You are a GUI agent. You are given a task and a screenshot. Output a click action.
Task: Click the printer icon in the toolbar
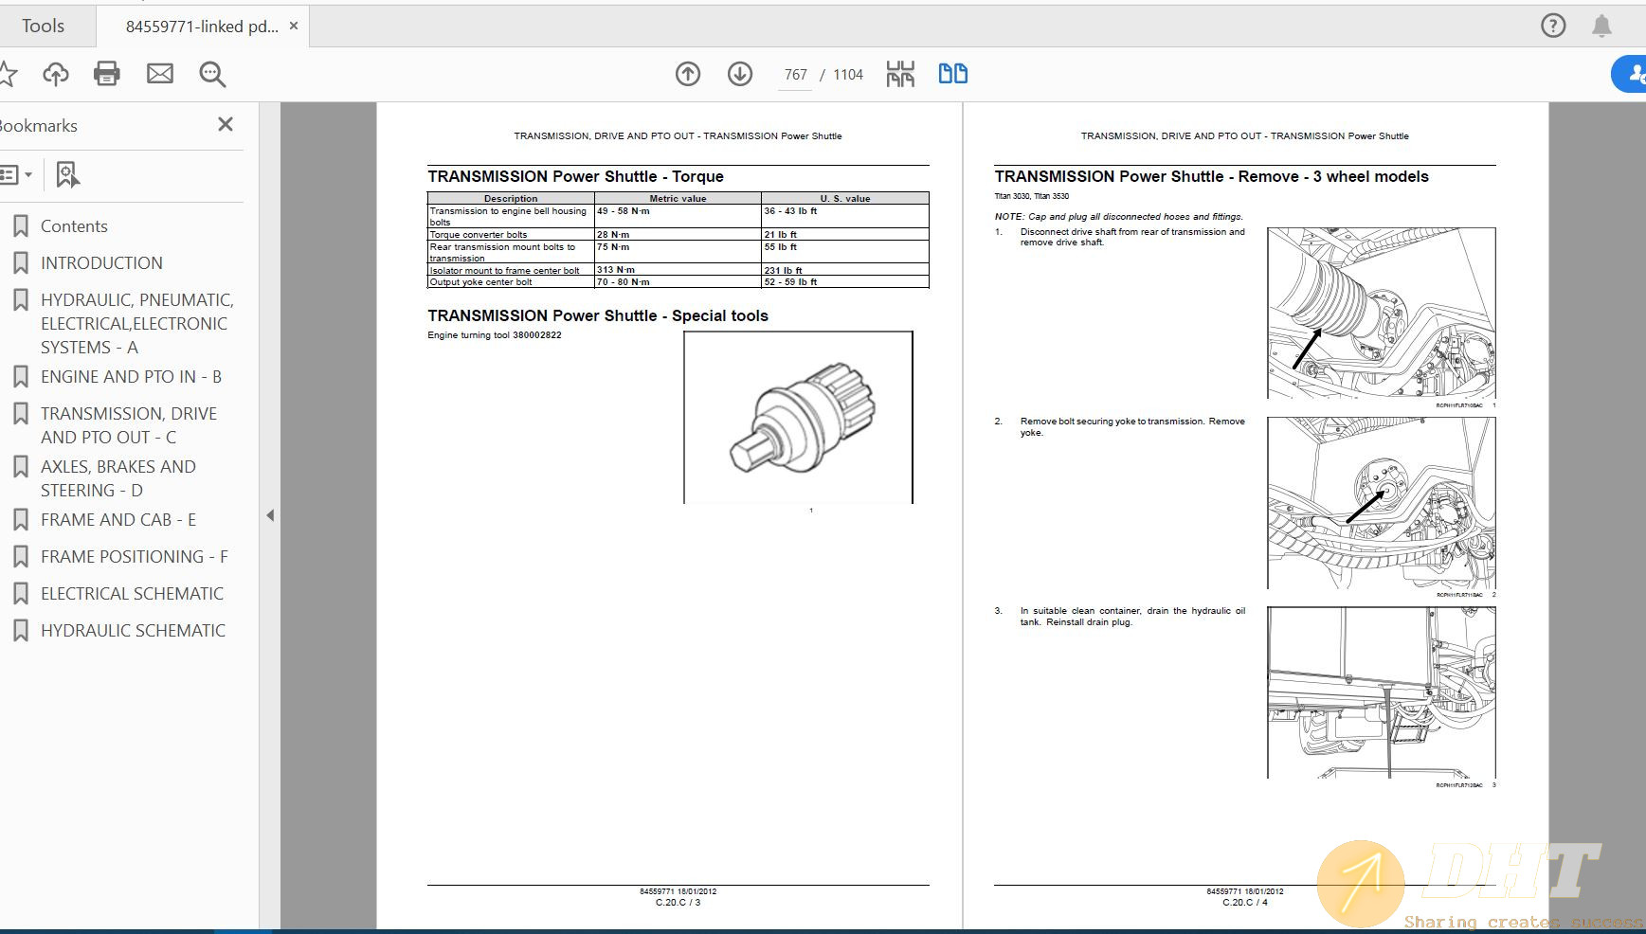106,74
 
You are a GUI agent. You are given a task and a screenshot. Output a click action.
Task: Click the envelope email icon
159,74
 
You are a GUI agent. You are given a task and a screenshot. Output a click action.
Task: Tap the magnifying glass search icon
212,74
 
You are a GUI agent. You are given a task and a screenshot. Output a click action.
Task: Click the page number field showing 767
795,75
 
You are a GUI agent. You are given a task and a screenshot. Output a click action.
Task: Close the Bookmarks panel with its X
226,124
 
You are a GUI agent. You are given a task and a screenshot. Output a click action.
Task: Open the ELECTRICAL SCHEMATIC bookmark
132,594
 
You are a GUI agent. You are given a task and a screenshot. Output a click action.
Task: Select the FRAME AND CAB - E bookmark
118,520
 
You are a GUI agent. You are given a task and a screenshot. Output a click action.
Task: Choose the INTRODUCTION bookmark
101,263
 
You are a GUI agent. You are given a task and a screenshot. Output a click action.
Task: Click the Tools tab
44,27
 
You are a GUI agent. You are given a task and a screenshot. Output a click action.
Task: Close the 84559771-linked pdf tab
294,27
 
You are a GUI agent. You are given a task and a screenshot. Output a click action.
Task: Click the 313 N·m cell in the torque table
616,270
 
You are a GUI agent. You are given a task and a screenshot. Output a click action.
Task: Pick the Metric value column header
678,198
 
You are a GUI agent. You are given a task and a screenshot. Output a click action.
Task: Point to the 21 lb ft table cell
781,234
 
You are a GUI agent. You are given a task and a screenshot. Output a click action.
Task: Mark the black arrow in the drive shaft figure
1308,348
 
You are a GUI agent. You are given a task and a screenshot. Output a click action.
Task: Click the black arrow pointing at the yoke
1365,506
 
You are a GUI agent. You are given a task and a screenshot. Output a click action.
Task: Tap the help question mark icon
1553,26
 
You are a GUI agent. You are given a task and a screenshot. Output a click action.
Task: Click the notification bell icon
1601,26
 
